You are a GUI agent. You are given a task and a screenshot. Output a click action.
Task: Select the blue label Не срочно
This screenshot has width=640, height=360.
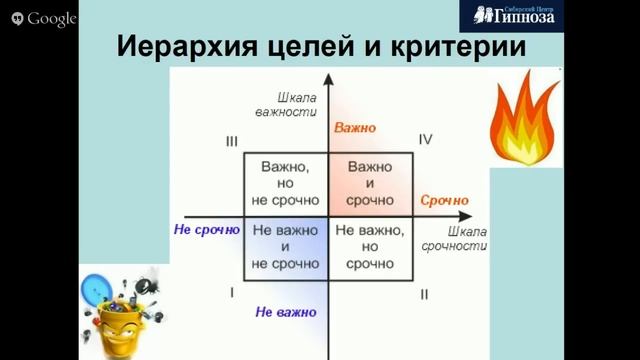tap(207, 229)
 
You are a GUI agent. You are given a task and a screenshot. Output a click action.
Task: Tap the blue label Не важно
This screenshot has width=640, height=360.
tap(286, 312)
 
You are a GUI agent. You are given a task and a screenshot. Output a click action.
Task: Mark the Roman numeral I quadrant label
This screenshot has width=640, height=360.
tap(231, 292)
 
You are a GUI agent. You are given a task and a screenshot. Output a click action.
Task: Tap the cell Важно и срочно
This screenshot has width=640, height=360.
tap(369, 183)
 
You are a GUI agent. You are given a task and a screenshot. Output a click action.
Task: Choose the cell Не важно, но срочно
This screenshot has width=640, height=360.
tap(369, 246)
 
